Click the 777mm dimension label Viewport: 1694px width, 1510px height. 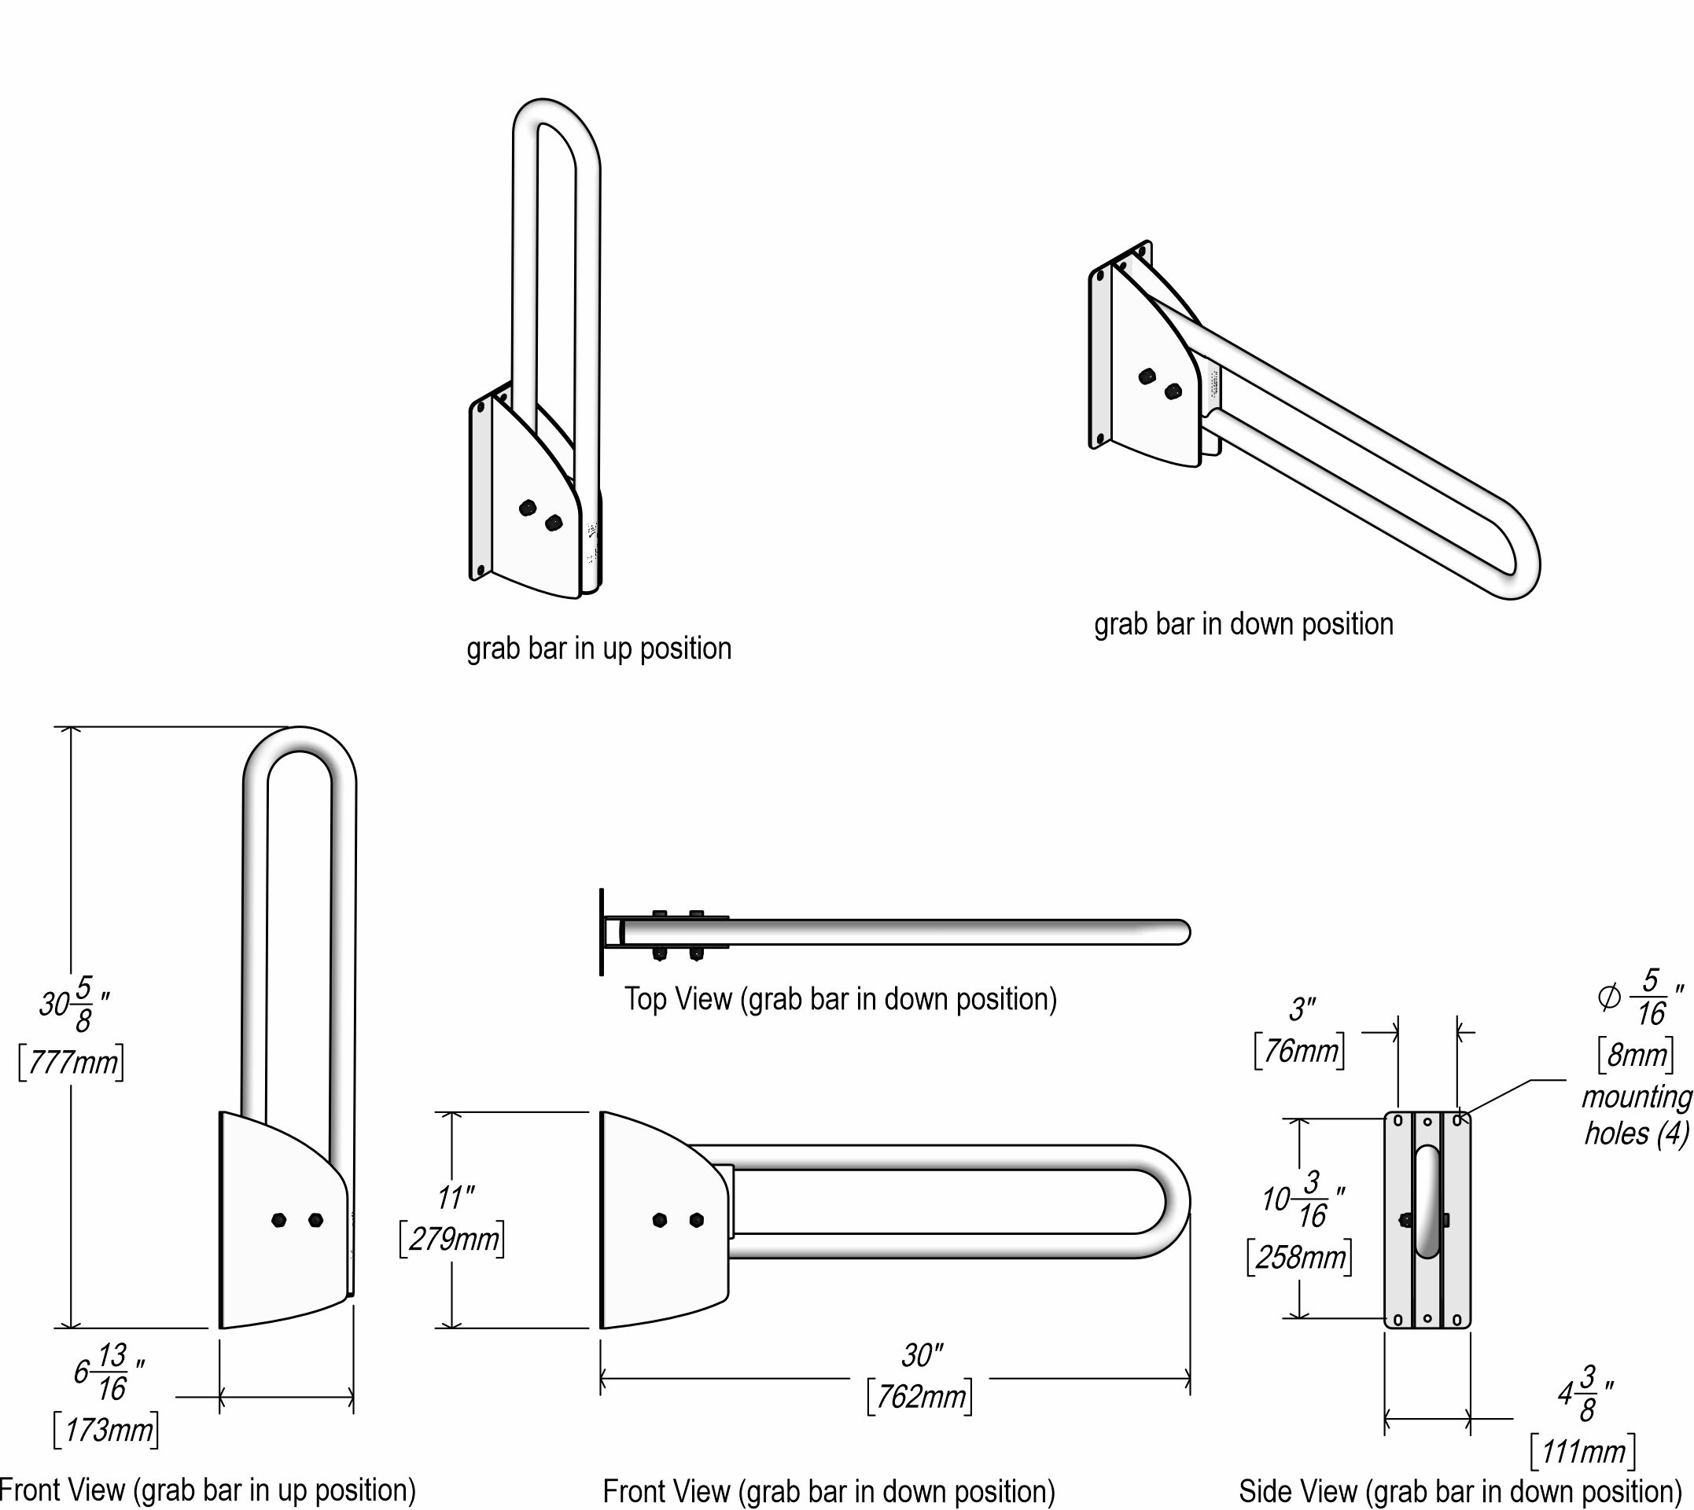pyautogui.click(x=72, y=1063)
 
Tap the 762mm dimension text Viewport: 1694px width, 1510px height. pyautogui.click(x=919, y=1397)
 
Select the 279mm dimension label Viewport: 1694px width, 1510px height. pyautogui.click(x=452, y=1240)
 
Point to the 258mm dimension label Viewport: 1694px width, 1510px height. pyautogui.click(x=1300, y=1258)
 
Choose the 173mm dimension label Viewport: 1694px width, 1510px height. pyautogui.click(x=106, y=1431)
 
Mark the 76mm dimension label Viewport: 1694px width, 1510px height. pyautogui.click(x=1299, y=1052)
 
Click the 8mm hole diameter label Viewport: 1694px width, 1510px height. pyautogui.click(x=1636, y=1056)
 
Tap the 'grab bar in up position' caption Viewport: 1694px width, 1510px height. pyautogui.click(x=598, y=648)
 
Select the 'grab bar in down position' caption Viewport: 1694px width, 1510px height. pyautogui.click(x=1243, y=624)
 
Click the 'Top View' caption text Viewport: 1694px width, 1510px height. pyautogui.click(x=840, y=999)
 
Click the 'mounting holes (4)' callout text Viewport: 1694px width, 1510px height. pyautogui.click(x=1636, y=1115)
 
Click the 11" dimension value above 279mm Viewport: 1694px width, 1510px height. pyautogui.click(x=455, y=1198)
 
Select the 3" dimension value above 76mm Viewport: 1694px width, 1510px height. pyautogui.click(x=1302, y=1011)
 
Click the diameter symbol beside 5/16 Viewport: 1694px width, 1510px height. pyautogui.click(x=1608, y=998)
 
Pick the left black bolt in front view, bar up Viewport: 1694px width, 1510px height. pyautogui.click(x=280, y=1220)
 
